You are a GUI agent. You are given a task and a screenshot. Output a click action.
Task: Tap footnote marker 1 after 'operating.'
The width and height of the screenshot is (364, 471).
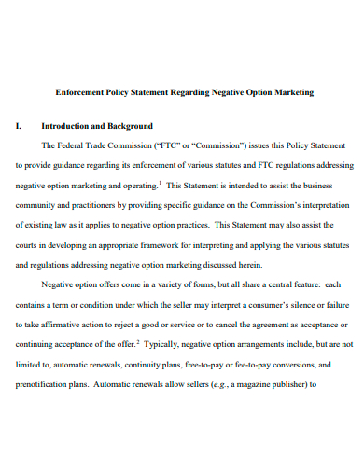pyautogui.click(x=160, y=182)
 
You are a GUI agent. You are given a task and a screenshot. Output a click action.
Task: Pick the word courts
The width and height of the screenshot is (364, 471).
pyautogui.click(x=29, y=245)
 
